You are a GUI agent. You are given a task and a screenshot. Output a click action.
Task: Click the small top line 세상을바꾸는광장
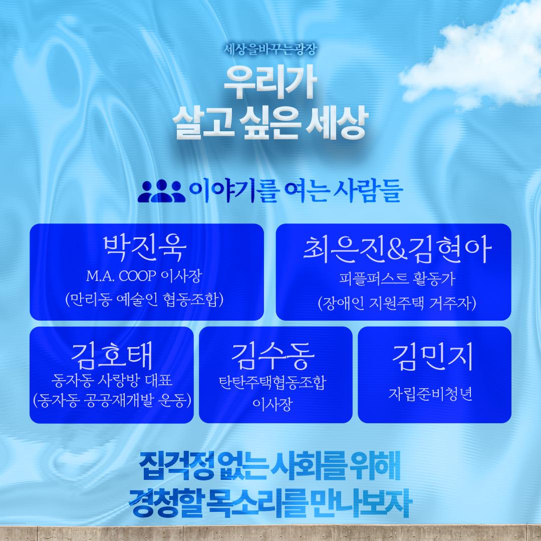coord(270,50)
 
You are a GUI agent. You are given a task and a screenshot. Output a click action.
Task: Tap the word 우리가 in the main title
coord(270,83)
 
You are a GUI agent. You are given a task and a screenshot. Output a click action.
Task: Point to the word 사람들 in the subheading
coord(368,190)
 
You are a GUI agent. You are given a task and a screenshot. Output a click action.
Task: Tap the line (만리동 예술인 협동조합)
coord(145,299)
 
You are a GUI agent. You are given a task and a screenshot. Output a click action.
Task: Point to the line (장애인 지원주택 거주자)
coord(397,303)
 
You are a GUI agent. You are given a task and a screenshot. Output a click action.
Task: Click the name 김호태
coord(111,356)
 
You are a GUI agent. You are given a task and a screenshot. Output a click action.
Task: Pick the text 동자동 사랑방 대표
coord(111,380)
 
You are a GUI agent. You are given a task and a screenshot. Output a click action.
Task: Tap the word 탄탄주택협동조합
coord(273,383)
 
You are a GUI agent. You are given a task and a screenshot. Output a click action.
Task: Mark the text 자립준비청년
coord(430,394)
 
